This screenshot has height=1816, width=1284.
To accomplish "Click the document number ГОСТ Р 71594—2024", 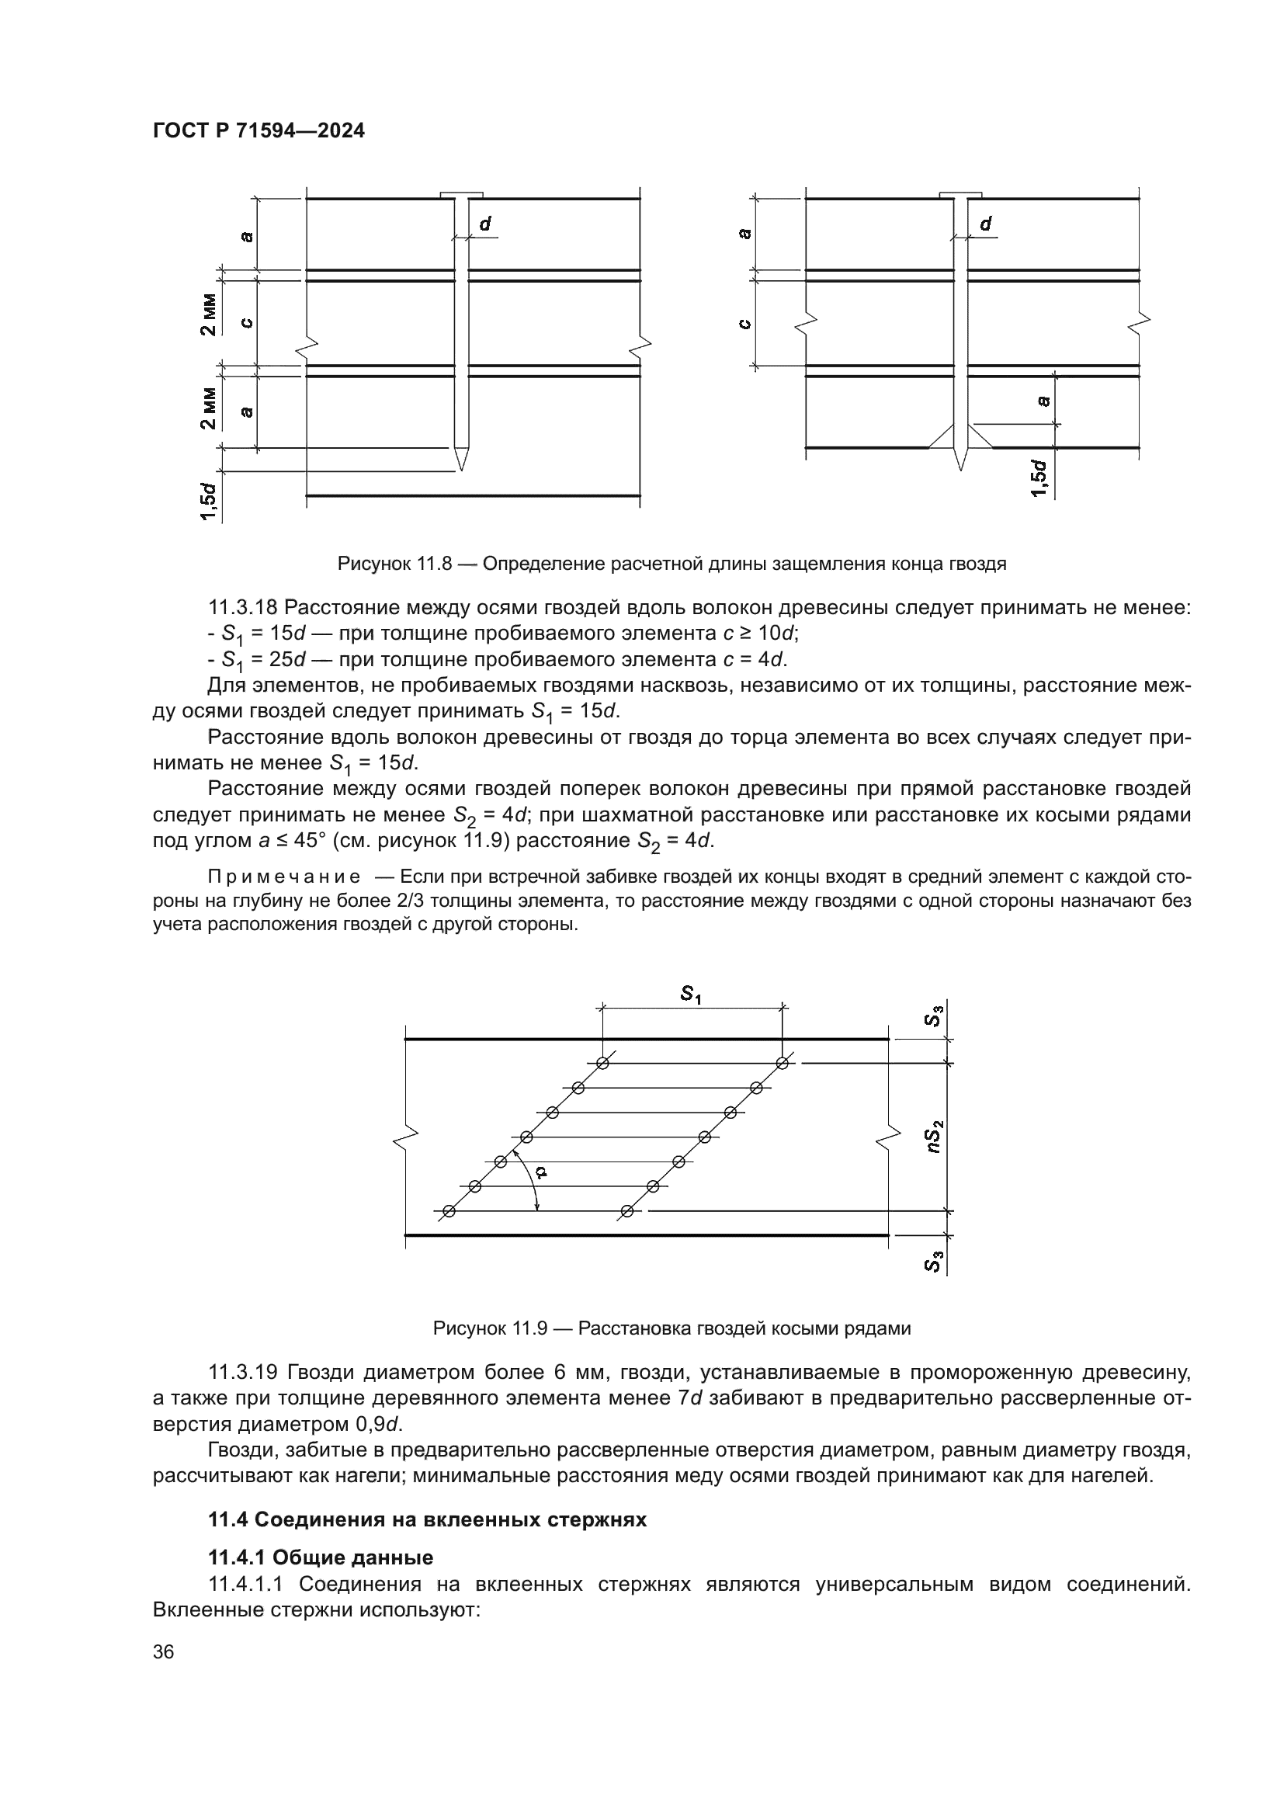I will coord(259,131).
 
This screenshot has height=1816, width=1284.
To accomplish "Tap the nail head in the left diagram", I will coord(461,195).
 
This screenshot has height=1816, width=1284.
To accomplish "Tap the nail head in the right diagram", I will coord(960,195).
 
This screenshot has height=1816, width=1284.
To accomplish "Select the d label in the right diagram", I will coord(985,224).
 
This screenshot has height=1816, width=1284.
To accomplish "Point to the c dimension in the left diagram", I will coord(247,322).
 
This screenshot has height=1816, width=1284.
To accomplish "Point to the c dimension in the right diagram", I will coord(743,324).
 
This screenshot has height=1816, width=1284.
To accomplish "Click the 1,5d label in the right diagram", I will coord(1040,479).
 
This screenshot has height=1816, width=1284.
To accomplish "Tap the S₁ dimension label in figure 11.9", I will coord(691,995).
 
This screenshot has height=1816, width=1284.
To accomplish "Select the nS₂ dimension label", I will coord(935,1137).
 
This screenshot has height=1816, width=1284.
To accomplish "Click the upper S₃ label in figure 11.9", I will coord(934,1016).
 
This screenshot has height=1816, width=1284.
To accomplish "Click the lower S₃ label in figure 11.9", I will coord(934,1262).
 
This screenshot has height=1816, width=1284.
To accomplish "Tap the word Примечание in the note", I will coord(284,877).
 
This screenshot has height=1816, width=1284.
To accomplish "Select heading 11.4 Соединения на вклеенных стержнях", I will coord(427,1519).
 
